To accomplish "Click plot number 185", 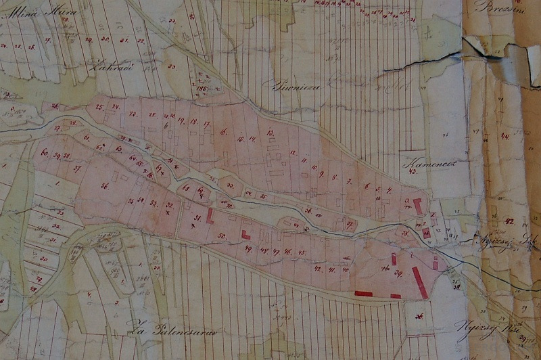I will pos(200,88).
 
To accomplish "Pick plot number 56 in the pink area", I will pos(105,185).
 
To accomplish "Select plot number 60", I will pos(45,153).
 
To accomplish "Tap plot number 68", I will pos(185,187).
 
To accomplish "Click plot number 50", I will pos(220,235).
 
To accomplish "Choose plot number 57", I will pos(77,169).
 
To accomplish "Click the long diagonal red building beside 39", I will pos(419,282).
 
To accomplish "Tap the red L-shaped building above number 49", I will pos(245,234).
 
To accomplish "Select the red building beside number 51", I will pos(210,216).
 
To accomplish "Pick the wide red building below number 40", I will pos(363,293).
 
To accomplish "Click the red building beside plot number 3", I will pos(417,206).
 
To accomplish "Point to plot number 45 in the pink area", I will pos(302,252).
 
